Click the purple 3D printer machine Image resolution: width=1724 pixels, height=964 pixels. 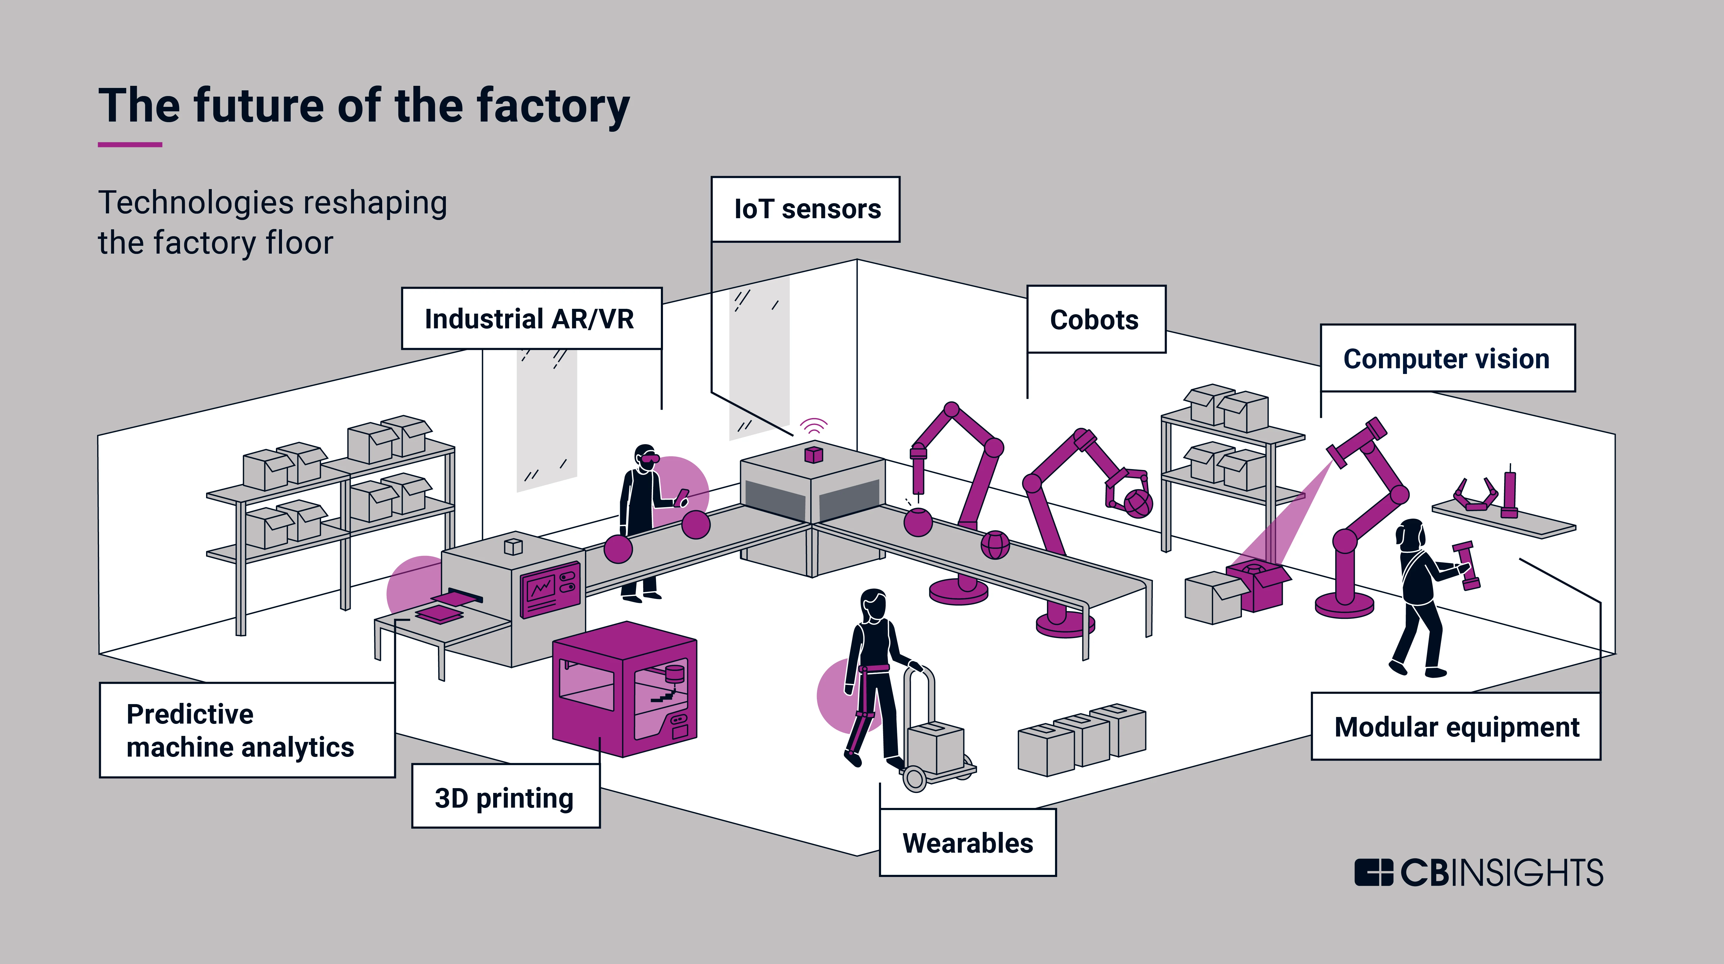(x=625, y=689)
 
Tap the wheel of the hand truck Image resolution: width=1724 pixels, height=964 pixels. (x=914, y=779)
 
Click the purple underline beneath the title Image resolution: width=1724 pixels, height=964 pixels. (x=130, y=144)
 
